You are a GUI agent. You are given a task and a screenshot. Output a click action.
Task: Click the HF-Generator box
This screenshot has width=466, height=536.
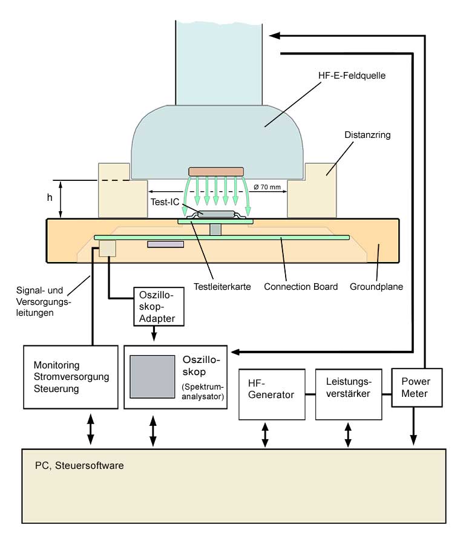tap(272, 394)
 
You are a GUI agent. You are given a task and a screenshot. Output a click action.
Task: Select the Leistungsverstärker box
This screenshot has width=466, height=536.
tap(349, 394)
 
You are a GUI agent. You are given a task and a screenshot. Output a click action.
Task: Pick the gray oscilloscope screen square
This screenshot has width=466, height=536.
tap(151, 377)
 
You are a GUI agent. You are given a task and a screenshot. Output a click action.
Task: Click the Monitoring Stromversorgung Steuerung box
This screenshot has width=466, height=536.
tap(70, 377)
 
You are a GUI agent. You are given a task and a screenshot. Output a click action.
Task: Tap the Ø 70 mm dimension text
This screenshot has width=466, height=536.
tap(267, 188)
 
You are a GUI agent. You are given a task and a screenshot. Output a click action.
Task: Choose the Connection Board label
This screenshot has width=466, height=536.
tap(301, 286)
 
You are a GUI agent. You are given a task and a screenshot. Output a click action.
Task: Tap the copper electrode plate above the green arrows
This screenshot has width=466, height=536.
tap(216, 172)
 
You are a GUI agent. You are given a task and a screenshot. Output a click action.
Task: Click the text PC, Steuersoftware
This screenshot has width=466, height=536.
tap(79, 466)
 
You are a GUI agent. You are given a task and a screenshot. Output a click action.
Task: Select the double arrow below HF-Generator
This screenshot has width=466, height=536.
tap(265, 434)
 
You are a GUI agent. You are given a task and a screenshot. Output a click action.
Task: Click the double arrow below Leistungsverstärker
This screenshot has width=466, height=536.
tap(348, 434)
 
